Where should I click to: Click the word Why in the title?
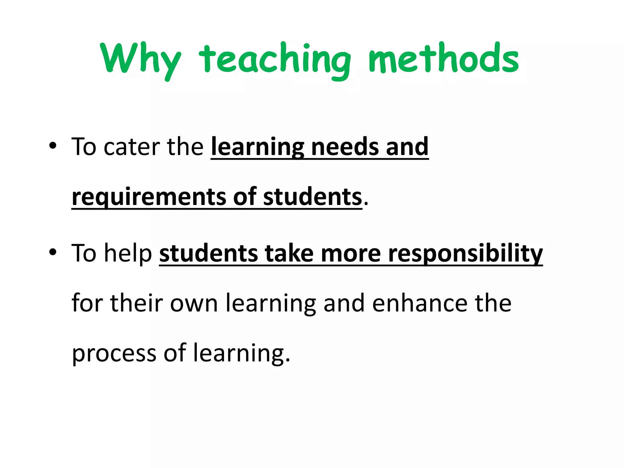coord(140,59)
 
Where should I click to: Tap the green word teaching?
coord(275,59)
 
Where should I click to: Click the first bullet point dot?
coord(53,146)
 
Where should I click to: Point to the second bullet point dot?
coord(53,252)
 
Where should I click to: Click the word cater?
coord(132,147)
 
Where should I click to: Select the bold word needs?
coord(345,147)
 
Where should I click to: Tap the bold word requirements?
coord(149,197)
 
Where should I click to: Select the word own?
coord(194,303)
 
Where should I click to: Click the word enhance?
coord(420,303)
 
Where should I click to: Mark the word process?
coord(114,353)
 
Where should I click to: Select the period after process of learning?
coord(288,361)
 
